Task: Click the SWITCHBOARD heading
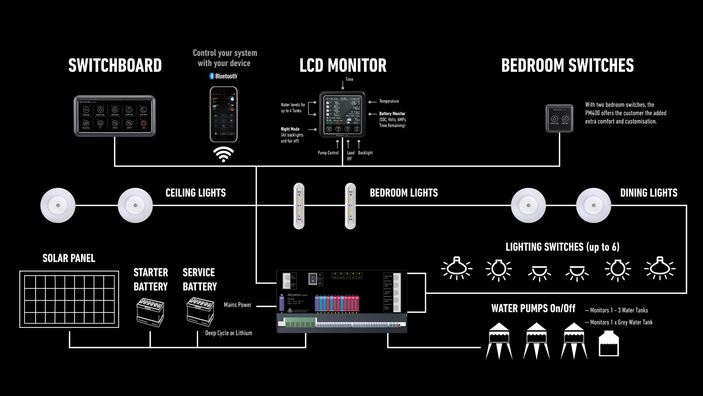pyautogui.click(x=115, y=66)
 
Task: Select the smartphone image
pyautogui.click(x=223, y=114)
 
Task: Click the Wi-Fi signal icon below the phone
pyautogui.click(x=223, y=154)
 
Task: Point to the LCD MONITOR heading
pyautogui.click(x=343, y=66)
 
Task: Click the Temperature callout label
pyautogui.click(x=389, y=101)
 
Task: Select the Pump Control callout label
pyautogui.click(x=328, y=153)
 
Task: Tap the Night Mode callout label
pyautogui.click(x=290, y=129)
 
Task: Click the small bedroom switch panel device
pyautogui.click(x=559, y=118)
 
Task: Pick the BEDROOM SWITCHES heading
pyautogui.click(x=567, y=66)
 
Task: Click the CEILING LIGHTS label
pyautogui.click(x=196, y=193)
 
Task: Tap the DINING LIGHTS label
pyautogui.click(x=648, y=193)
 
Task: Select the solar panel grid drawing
pyautogui.click(x=69, y=299)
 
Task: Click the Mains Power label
pyautogui.click(x=238, y=305)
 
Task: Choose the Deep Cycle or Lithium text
pyautogui.click(x=228, y=333)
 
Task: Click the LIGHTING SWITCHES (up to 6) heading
pyautogui.click(x=562, y=247)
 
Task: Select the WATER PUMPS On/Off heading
pyautogui.click(x=533, y=308)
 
